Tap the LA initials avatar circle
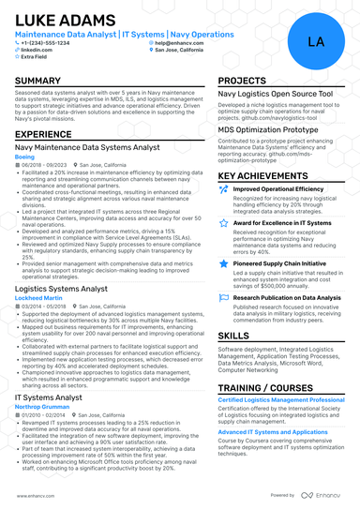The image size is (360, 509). (x=315, y=42)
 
